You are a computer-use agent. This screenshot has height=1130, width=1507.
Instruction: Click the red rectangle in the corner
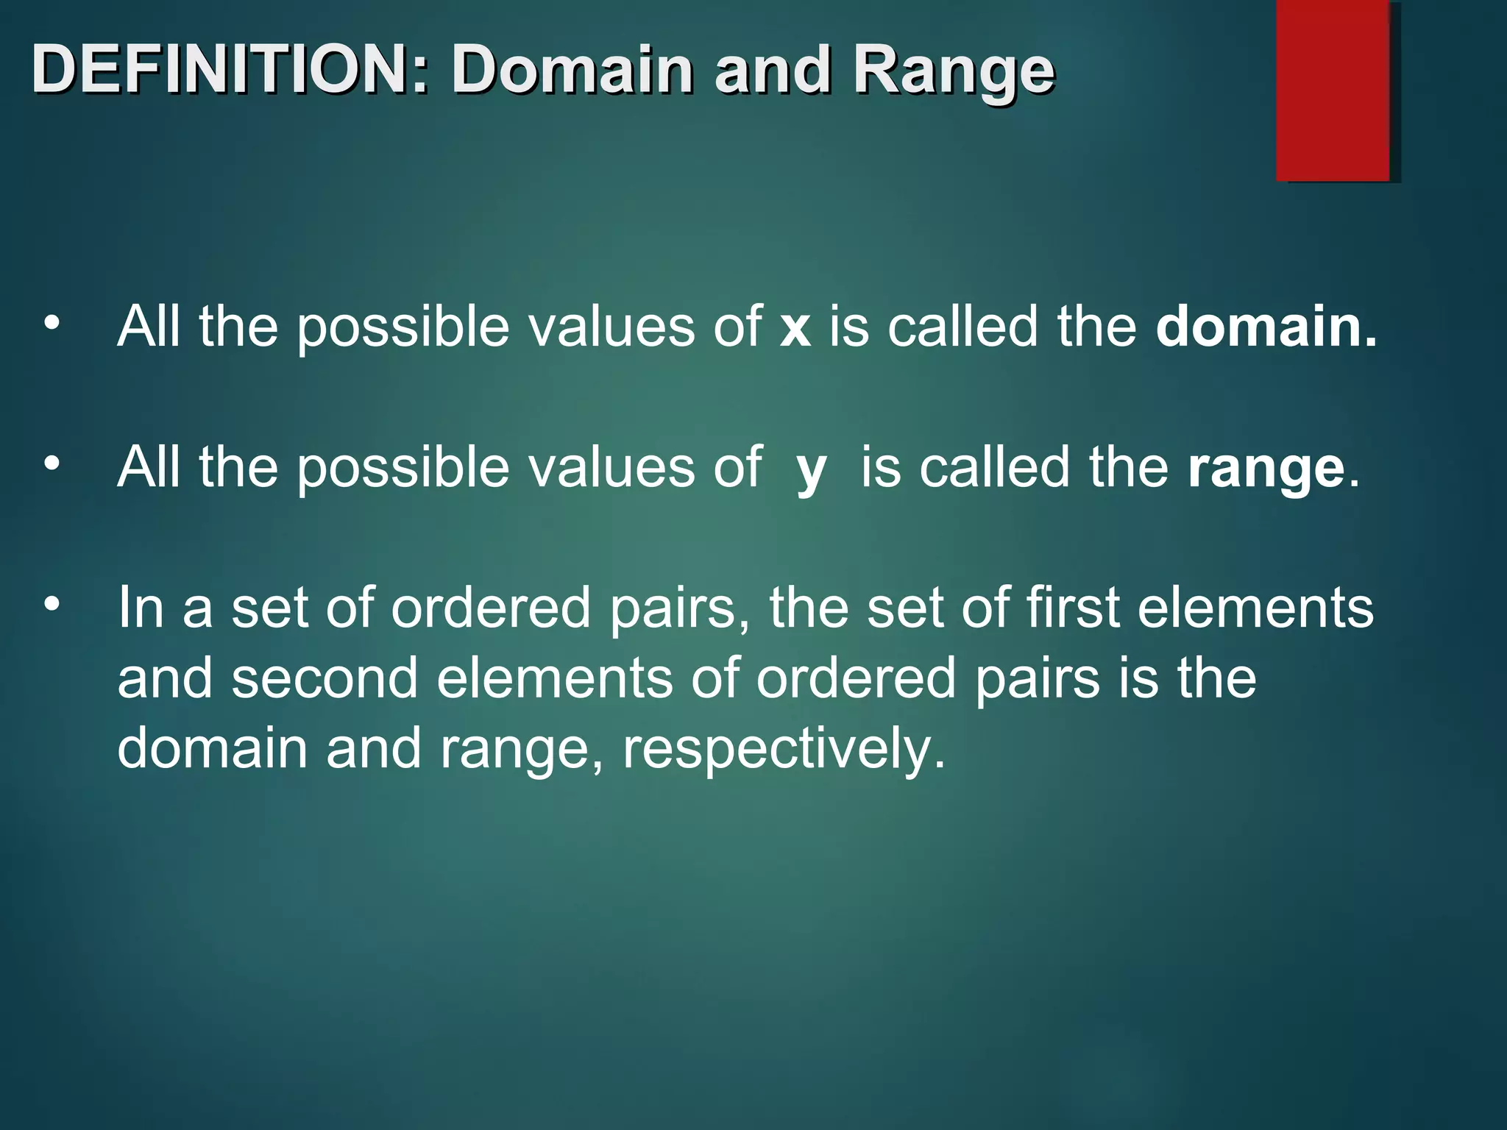pos(1333,90)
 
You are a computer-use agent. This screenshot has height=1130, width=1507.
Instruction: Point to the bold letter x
pos(795,327)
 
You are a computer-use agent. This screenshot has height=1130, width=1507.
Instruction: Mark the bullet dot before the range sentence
pos(51,463)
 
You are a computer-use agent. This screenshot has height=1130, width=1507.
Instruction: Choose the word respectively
pos(784,749)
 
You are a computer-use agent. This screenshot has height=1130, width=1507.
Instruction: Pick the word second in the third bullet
pos(325,678)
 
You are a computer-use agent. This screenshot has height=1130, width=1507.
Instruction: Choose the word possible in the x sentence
pos(403,327)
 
